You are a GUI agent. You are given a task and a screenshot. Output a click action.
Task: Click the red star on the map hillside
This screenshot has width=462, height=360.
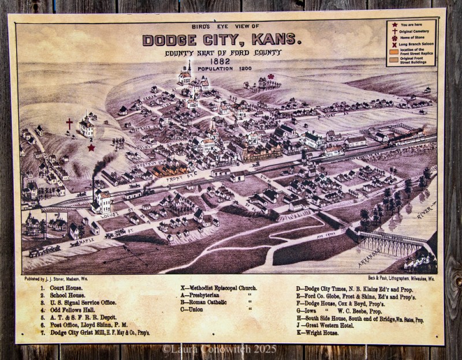pos(91,148)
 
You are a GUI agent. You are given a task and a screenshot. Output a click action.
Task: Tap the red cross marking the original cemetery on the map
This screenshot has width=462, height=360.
pos(70,124)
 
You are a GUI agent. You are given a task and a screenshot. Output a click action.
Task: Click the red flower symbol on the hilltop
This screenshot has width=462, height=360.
pos(270,77)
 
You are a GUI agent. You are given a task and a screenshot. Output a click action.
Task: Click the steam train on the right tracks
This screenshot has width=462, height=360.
pos(410,138)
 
